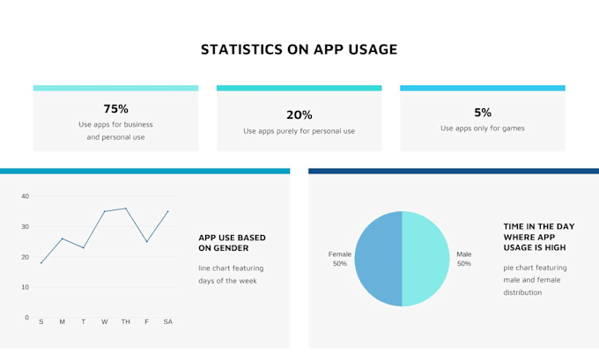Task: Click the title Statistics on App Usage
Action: (x=299, y=49)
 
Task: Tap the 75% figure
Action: (x=115, y=109)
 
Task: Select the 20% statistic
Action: (x=299, y=114)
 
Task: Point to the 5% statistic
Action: (x=482, y=112)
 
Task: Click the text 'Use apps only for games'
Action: (x=482, y=129)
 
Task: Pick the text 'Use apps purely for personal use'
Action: (x=299, y=131)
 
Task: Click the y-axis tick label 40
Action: (x=26, y=196)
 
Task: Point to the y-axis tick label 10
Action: (x=26, y=287)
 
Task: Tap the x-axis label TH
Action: (x=125, y=322)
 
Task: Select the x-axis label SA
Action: (x=167, y=322)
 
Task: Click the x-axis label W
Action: (x=104, y=322)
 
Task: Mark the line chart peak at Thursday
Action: (x=126, y=209)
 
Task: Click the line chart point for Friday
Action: (x=147, y=241)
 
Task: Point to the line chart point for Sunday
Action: (x=41, y=263)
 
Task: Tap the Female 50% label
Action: (x=339, y=259)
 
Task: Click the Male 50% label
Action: (x=463, y=259)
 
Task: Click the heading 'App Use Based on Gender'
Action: (x=232, y=243)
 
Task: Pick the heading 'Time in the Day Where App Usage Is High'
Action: (x=538, y=237)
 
